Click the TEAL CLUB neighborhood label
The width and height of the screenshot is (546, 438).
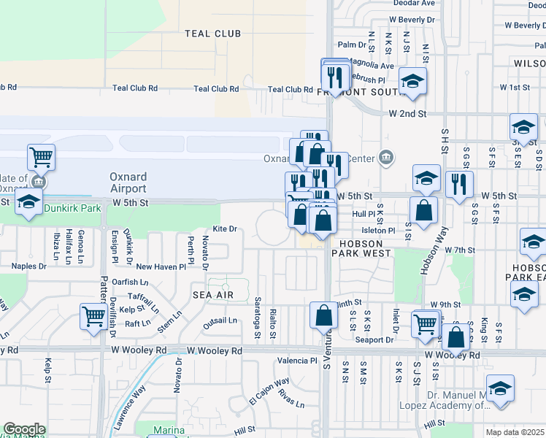click(213, 34)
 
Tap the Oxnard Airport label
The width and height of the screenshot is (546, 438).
click(128, 182)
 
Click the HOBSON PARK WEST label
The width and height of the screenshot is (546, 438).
click(363, 247)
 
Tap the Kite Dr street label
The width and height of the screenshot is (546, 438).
click(226, 228)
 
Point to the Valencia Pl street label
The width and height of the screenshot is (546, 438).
click(297, 361)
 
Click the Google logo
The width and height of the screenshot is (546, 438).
click(24, 429)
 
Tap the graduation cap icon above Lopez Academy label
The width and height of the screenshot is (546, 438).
click(500, 388)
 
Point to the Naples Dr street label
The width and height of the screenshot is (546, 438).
click(29, 267)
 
